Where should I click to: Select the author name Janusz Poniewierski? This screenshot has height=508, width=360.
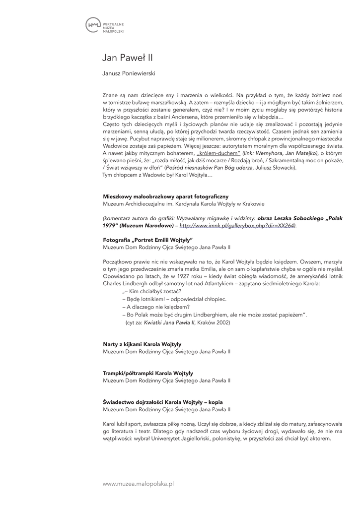point(129,73)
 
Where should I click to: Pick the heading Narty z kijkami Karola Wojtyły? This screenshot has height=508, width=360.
point(142,344)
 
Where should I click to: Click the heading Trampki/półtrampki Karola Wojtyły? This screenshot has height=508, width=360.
point(148,373)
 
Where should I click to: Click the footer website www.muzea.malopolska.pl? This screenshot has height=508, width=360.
point(138,483)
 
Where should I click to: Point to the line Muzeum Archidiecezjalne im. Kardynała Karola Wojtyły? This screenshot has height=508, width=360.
point(184,203)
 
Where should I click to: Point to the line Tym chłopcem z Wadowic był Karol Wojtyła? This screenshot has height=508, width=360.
point(157,175)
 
